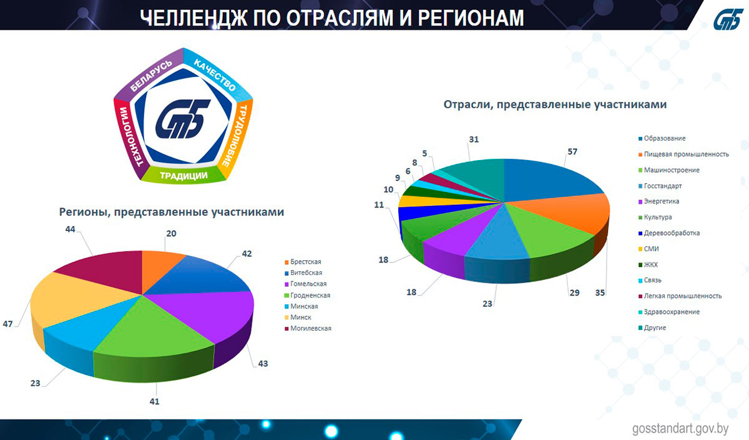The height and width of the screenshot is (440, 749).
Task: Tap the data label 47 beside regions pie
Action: (x=7, y=324)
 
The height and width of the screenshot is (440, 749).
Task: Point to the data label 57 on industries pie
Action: (x=572, y=152)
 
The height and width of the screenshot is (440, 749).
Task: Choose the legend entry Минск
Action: (x=298, y=317)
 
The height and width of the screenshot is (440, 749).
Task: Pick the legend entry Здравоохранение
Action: (x=668, y=312)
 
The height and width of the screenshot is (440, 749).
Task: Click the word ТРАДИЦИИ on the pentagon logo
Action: (x=184, y=176)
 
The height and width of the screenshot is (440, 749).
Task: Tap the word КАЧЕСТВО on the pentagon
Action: (x=215, y=74)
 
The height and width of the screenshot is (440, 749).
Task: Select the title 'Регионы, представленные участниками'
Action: (x=172, y=212)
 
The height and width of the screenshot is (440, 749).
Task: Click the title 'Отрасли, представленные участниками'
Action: (x=555, y=104)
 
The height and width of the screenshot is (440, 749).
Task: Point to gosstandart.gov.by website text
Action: (x=680, y=429)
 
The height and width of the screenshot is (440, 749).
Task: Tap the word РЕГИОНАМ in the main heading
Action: (x=471, y=17)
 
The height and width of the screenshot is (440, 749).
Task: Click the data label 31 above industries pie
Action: (x=474, y=139)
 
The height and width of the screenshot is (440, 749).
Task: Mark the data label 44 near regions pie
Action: (x=70, y=229)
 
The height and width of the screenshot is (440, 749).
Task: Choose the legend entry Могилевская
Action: (x=308, y=328)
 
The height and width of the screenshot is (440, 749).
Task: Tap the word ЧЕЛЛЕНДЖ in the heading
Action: (x=193, y=17)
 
